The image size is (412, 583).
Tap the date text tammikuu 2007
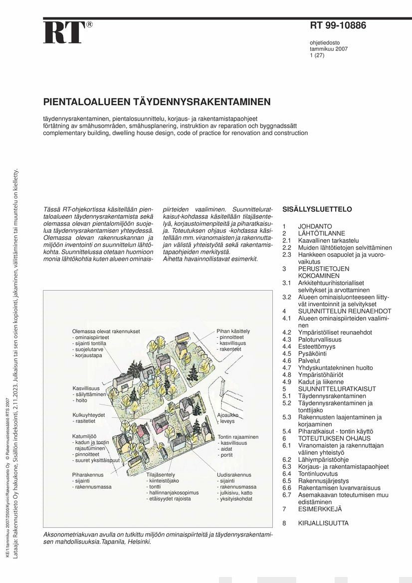pos(329,49)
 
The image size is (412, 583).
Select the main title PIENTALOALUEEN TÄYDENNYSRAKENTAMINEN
pos(157,102)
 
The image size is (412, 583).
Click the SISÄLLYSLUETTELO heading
pos(317,209)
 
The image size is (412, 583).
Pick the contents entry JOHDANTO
pos(315,226)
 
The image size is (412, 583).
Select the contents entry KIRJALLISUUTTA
pos(323,523)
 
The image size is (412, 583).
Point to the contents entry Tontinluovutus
pos(318,474)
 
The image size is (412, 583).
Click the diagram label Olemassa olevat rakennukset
pos(106,331)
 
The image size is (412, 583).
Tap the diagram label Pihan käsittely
pos(233,331)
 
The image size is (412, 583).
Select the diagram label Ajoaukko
pos(227,415)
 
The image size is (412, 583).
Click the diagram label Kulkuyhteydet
pos(88,415)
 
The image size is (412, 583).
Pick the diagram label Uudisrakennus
pos(234,475)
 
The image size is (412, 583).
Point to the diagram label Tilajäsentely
pos(161,475)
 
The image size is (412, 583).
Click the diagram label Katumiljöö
pos(84,436)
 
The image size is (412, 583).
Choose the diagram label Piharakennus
pos(88,475)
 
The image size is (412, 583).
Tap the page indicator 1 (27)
pos(318,56)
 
